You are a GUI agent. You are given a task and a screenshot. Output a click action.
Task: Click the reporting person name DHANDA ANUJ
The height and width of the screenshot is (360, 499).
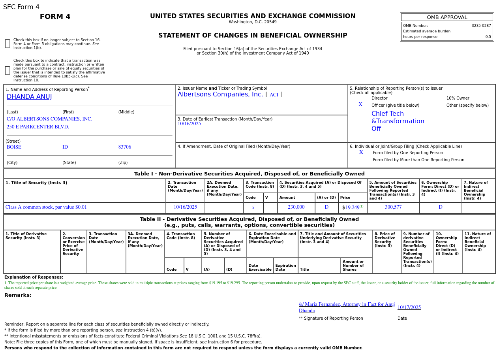pyautogui.click(x=29, y=97)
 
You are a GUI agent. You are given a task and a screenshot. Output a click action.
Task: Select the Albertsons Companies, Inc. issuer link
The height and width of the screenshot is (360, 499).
pyautogui.click(x=220, y=94)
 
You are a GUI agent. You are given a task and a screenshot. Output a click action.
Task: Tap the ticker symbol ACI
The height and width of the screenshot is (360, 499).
pyautogui.click(x=274, y=95)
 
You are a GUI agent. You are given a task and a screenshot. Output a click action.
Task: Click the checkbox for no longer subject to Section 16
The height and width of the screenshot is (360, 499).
pyautogui.click(x=8, y=44)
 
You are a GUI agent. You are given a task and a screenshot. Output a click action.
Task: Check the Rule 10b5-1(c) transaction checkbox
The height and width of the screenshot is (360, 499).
pyautogui.click(x=8, y=71)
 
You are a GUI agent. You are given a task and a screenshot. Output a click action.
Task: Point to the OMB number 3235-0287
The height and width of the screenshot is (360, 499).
pyautogui.click(x=481, y=26)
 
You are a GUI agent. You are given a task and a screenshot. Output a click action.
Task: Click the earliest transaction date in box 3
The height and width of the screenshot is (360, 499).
pyautogui.click(x=189, y=124)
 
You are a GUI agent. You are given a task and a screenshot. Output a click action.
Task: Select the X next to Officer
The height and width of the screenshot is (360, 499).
pyautogui.click(x=360, y=105)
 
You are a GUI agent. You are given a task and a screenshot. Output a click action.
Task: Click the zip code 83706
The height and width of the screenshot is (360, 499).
pyautogui.click(x=124, y=147)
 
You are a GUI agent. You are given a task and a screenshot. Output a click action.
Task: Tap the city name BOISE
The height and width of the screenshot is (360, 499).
pyautogui.click(x=14, y=147)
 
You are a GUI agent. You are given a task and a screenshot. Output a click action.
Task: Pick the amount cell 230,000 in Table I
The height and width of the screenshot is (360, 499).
pyautogui.click(x=296, y=207)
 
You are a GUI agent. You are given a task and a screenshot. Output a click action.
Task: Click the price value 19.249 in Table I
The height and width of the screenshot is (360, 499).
pyautogui.click(x=352, y=208)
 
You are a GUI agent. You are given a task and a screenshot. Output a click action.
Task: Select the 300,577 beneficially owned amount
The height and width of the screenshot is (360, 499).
pyautogui.click(x=393, y=207)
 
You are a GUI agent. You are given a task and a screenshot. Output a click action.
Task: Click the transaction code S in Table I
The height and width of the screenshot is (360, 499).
pyautogui.click(x=253, y=207)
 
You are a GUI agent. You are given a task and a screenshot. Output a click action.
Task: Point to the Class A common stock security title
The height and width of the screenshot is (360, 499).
pyautogui.click(x=46, y=207)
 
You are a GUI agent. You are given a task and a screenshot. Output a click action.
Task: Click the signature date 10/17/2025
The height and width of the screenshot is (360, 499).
pyautogui.click(x=409, y=307)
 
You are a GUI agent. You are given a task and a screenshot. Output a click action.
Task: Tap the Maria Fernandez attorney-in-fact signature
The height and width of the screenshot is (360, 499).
pyautogui.click(x=346, y=307)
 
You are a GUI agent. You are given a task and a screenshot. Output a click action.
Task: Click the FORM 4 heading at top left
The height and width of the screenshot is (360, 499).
pyautogui.click(x=55, y=17)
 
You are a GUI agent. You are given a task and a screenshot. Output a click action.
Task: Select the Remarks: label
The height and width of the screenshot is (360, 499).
pyautogui.click(x=18, y=295)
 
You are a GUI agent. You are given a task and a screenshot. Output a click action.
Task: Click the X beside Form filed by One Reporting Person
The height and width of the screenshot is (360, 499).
pyautogui.click(x=361, y=153)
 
